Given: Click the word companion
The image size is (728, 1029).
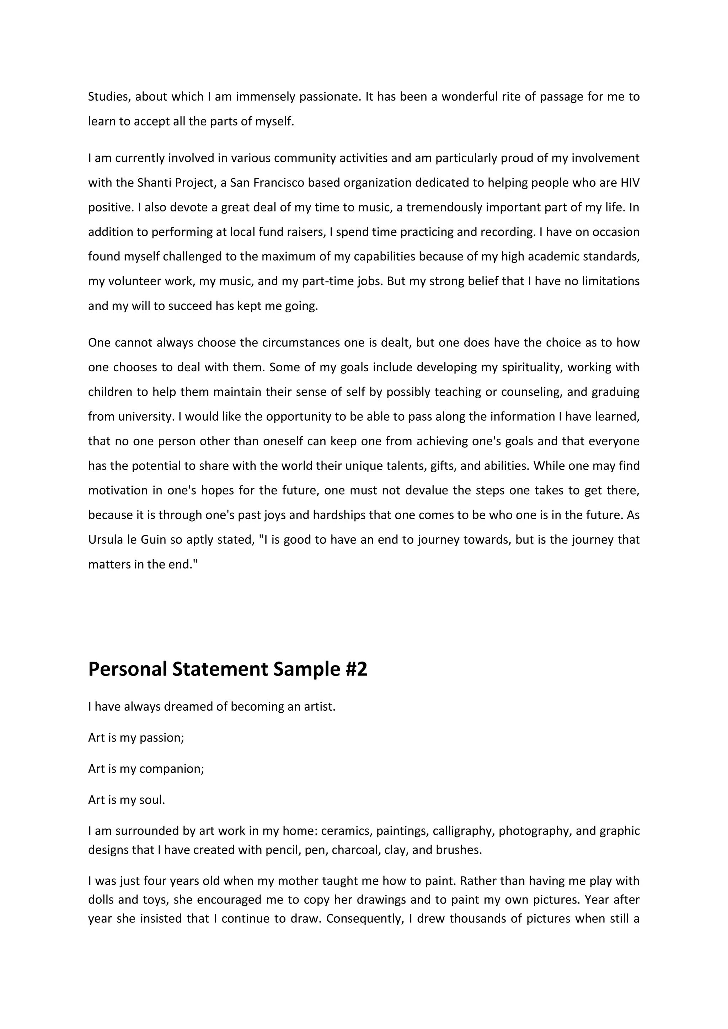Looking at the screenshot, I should click(171, 769).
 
